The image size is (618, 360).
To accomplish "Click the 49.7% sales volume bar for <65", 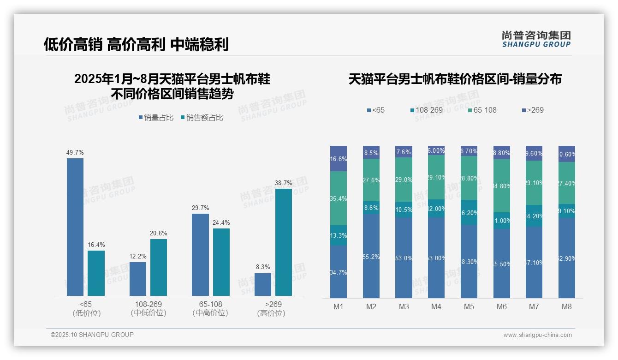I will (x=75, y=227).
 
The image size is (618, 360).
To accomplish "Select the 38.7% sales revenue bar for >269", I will (x=284, y=242).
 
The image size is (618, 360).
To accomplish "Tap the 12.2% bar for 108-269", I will (x=138, y=279).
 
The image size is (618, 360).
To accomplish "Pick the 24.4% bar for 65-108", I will (x=221, y=262).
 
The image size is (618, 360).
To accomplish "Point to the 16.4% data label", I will (x=96, y=245).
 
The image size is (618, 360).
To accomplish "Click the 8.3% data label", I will (x=263, y=267).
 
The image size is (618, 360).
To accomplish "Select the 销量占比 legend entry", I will (x=156, y=118).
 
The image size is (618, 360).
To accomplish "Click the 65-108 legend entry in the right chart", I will (x=482, y=110).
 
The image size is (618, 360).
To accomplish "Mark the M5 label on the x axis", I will (x=469, y=307).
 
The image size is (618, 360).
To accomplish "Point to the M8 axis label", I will (x=567, y=307).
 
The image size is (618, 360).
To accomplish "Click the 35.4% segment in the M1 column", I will (x=339, y=198).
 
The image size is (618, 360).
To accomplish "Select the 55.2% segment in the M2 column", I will (x=371, y=256).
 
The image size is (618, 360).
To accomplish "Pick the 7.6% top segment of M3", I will (x=404, y=152).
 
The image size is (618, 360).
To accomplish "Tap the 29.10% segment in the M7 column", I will (x=534, y=183).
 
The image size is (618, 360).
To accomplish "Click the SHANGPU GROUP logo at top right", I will (x=536, y=39).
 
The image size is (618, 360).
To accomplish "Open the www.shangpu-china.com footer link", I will (x=537, y=335).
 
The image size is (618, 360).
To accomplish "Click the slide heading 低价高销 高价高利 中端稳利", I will (x=136, y=45).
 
